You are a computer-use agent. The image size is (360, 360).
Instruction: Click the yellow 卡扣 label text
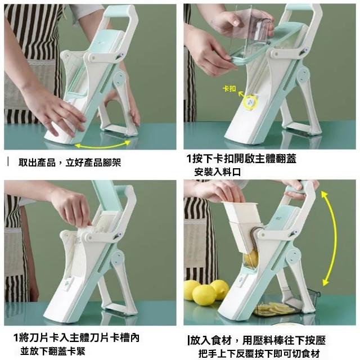pyautogui.click(x=229, y=89)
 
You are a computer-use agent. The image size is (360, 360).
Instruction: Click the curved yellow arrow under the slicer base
pyautogui.click(x=102, y=145)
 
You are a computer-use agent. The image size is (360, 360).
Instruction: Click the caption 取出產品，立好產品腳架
pyautogui.click(x=70, y=163)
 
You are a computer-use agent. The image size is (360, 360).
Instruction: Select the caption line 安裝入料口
pyautogui.click(x=218, y=172)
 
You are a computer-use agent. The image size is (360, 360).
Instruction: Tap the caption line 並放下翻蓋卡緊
pyautogui.click(x=53, y=351)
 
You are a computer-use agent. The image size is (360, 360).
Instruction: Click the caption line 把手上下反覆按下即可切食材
pyautogui.click(x=259, y=354)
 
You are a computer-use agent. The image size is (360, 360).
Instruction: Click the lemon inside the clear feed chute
pyautogui.click(x=250, y=259)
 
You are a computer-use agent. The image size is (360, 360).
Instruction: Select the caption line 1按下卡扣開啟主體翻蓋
pyautogui.click(x=241, y=159)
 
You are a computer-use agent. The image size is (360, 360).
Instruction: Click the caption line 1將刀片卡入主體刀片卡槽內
pyautogui.click(x=76, y=337)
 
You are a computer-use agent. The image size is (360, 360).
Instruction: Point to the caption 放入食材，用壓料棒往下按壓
pyautogui.click(x=256, y=340)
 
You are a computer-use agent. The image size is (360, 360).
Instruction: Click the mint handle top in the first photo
pyautogui.click(x=118, y=12)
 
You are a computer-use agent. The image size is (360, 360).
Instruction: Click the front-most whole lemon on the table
pyautogui.click(x=204, y=295)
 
